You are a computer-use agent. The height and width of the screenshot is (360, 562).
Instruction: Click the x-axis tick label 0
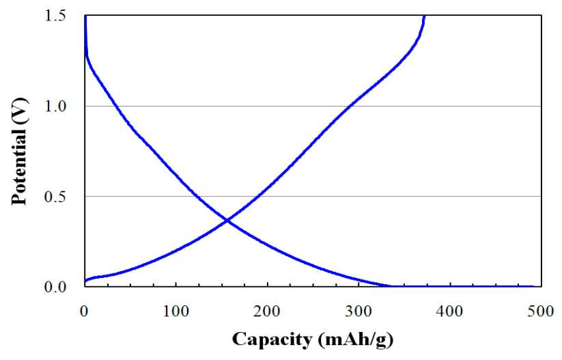tap(84, 311)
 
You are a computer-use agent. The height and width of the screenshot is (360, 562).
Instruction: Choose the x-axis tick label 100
tap(176, 311)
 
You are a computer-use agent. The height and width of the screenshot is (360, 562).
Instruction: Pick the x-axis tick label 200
tap(268, 311)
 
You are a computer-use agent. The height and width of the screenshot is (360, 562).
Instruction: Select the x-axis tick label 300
tap(359, 311)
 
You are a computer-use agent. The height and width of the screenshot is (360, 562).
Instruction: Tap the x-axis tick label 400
tap(450, 311)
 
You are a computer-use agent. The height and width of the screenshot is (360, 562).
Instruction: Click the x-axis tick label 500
tap(542, 311)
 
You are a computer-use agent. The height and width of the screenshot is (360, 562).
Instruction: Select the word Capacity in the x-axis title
tap(272, 340)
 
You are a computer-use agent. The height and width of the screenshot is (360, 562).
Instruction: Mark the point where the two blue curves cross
tap(227, 221)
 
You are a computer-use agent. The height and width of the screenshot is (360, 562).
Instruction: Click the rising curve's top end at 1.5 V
tap(424, 16)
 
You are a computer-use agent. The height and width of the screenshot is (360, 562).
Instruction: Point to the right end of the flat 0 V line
tap(533, 286)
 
